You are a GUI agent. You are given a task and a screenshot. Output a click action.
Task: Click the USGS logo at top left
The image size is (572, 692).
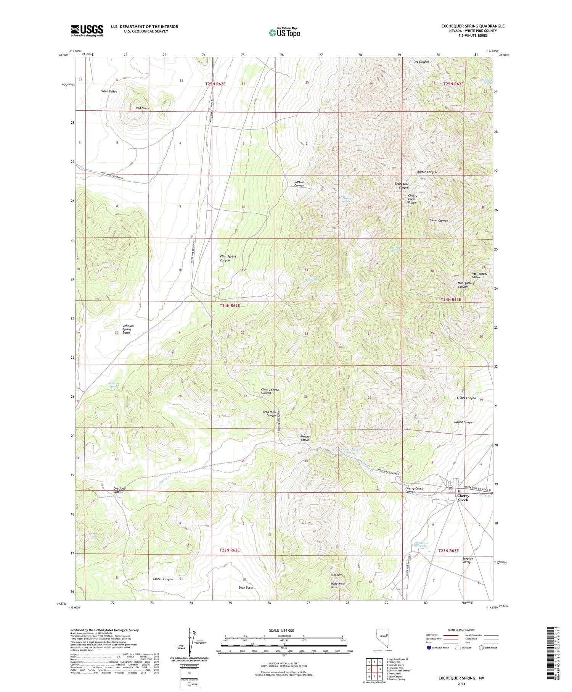(x=87, y=31)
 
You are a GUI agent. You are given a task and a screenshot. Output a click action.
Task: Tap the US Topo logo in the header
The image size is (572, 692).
(x=284, y=32)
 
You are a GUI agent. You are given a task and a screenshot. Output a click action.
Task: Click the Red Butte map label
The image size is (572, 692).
(x=142, y=108)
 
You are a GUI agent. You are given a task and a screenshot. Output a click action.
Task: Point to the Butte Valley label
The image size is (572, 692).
(x=109, y=92)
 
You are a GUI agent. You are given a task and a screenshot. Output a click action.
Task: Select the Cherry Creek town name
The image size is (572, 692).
(x=463, y=498)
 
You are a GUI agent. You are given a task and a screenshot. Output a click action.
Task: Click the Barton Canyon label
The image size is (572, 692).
(x=427, y=172)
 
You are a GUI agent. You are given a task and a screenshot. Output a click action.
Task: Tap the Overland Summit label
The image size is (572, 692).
(x=119, y=490)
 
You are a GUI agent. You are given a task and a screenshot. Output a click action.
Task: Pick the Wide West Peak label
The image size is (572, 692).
(x=337, y=585)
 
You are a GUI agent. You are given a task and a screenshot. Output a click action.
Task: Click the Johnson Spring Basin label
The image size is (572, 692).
(x=127, y=329)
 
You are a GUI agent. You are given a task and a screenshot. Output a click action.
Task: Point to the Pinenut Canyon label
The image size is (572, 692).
(x=305, y=438)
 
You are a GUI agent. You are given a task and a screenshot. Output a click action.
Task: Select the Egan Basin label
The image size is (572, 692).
(x=246, y=587)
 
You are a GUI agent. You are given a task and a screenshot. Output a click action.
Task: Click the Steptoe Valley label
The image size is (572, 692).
(x=468, y=560)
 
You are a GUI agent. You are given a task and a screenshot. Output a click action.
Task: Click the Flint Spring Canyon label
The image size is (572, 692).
(x=228, y=258)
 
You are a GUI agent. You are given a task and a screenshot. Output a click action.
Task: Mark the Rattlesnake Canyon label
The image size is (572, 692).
(x=479, y=275)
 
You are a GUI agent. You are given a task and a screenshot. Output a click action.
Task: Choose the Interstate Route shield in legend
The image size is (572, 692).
(x=429, y=648)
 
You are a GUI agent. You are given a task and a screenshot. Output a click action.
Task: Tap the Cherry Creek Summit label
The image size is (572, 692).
(x=270, y=391)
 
